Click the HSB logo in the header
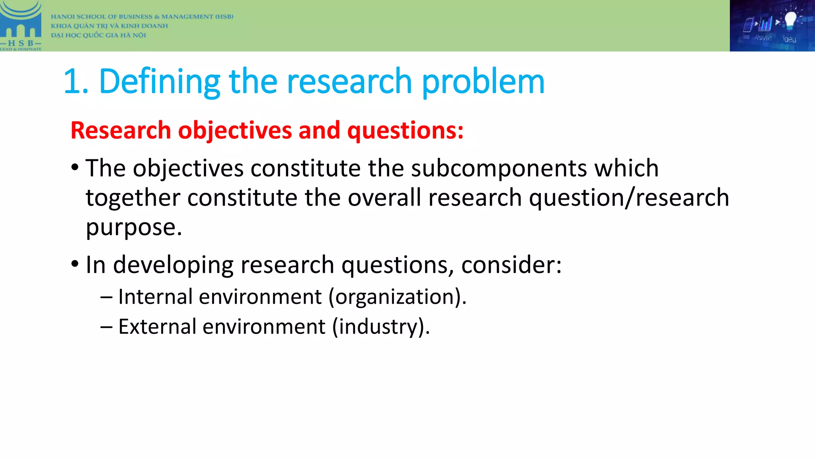[x=21, y=25]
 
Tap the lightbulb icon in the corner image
[x=790, y=20]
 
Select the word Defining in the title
[x=159, y=82]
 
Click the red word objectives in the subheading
[x=235, y=130]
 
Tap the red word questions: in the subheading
[x=405, y=130]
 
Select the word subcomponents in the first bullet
[x=499, y=168]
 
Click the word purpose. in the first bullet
[x=134, y=228]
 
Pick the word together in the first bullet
[x=133, y=198]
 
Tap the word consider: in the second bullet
[x=511, y=265]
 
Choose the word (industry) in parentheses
[x=380, y=327]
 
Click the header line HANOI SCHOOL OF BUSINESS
[x=142, y=17]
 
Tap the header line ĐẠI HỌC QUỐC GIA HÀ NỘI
[x=98, y=35]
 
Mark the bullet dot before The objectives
[x=75, y=167]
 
